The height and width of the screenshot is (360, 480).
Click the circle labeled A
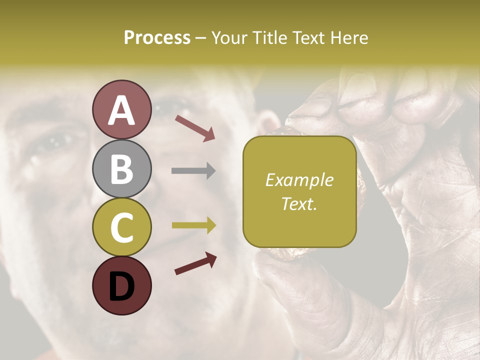click(121, 109)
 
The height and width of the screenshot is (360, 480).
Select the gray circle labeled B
click(121, 168)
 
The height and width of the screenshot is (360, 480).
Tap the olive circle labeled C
click(121, 227)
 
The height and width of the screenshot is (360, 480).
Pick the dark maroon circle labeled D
click(121, 285)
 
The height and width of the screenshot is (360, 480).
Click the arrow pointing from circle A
click(195, 127)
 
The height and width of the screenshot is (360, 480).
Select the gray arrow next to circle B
click(193, 171)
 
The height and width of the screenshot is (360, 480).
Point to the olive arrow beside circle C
click(193, 225)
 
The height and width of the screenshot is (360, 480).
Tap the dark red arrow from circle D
click(195, 264)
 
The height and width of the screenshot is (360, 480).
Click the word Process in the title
click(157, 37)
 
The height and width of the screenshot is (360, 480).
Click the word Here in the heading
click(349, 37)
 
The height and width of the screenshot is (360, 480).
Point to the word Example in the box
click(299, 180)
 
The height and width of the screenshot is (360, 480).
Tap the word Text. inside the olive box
click(299, 203)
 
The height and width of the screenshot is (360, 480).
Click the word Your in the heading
click(229, 37)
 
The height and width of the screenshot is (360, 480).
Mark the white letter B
click(121, 168)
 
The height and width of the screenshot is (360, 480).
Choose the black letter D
click(121, 286)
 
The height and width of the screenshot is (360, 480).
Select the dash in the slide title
click(200, 38)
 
